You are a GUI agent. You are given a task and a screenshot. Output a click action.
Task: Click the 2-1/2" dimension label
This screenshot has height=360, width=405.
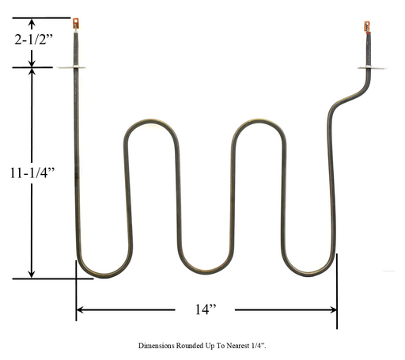(34, 40)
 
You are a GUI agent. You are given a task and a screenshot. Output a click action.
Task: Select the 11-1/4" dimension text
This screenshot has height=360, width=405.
(32, 173)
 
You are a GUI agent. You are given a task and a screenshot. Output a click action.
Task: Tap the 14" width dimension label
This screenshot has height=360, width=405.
(206, 309)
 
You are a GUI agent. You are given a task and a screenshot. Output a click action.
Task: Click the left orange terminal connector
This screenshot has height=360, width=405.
(76, 23)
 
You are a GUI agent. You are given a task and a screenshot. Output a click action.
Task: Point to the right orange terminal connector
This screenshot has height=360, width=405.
(367, 27)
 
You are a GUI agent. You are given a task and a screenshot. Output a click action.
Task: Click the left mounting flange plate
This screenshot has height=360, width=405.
(72, 67)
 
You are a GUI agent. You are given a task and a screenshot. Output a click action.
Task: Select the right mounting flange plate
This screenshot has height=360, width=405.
(372, 68)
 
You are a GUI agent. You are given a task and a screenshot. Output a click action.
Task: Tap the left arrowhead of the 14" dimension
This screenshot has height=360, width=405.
(80, 309)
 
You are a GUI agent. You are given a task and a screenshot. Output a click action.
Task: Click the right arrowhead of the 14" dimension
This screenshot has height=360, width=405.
(334, 310)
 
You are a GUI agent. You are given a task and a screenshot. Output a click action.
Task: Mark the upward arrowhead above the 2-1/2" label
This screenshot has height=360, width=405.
(32, 23)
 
